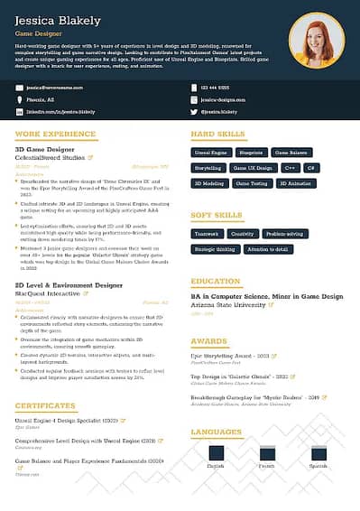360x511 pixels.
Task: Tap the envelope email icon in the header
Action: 20,88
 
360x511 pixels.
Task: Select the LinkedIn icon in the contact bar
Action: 20,111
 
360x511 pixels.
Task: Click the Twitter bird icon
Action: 193,111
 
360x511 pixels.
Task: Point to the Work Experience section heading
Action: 55,134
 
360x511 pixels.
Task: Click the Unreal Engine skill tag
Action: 209,153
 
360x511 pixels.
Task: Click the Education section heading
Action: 216,282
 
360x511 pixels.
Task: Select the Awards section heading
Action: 208,341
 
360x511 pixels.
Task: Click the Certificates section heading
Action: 45,406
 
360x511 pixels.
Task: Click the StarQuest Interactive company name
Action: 46,293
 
